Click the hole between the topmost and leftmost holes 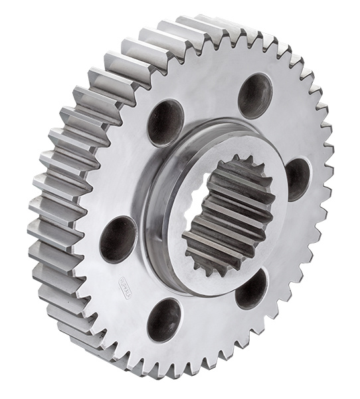pyautogui.click(x=165, y=122)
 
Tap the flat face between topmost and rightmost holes pyautogui.click(x=292, y=126)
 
